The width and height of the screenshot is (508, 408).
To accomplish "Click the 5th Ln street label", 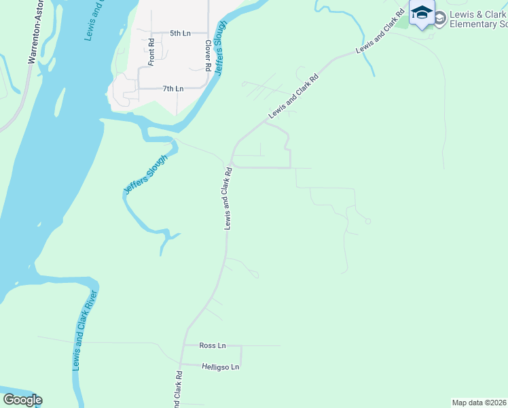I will click(x=180, y=33).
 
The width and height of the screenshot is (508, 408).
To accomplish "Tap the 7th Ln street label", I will click(x=173, y=88).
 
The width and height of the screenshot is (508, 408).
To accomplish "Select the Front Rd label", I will click(x=151, y=51).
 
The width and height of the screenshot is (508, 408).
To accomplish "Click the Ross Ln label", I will click(x=208, y=345).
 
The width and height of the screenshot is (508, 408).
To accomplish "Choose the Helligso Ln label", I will click(x=221, y=367).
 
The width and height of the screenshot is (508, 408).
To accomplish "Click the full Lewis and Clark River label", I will click(x=86, y=330).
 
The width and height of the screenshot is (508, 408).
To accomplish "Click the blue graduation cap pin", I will click(x=422, y=13).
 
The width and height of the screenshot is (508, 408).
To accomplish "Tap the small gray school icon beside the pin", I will click(x=439, y=18).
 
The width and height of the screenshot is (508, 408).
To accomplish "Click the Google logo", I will click(x=22, y=400).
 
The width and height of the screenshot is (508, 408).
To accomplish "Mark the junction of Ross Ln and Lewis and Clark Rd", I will click(x=183, y=346).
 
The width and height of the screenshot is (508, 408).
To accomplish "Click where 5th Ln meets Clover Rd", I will click(x=207, y=33).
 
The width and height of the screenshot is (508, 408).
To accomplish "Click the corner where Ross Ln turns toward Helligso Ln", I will click(x=241, y=346).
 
